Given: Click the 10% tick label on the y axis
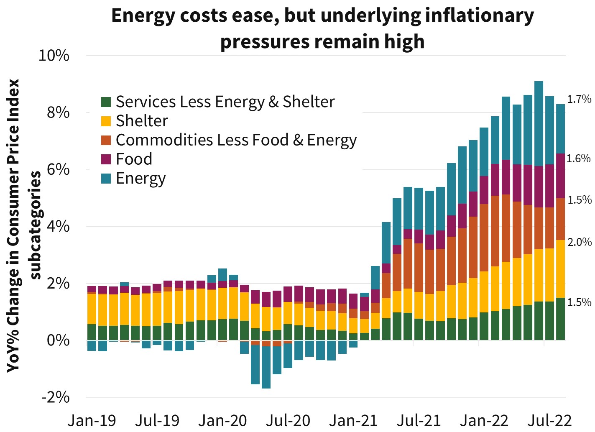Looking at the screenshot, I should click(54, 56).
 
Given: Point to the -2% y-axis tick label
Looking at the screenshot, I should click(55, 397).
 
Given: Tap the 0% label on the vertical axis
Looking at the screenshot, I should click(58, 340).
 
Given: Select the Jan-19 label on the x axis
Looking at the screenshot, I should click(92, 420).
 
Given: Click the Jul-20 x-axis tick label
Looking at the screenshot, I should click(288, 420).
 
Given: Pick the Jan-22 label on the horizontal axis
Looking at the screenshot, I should click(484, 420).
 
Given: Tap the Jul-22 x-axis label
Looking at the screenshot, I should click(549, 420).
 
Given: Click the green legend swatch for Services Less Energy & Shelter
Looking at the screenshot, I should click(106, 102).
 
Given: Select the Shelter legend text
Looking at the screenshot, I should click(142, 121).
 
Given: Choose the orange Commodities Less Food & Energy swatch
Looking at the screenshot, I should click(106, 141).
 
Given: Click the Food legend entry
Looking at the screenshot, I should click(134, 159).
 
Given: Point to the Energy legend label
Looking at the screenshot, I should click(141, 179).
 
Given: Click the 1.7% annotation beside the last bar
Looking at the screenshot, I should click(579, 99).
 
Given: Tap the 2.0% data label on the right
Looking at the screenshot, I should click(580, 242).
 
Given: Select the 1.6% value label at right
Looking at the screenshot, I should click(579, 158).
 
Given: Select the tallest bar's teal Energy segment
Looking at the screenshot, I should click(539, 123).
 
